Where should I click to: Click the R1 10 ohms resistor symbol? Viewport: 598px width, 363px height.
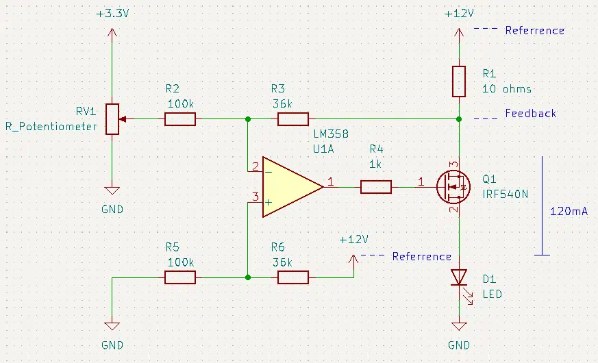point(459,82)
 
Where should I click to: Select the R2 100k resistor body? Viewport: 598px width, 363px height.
point(180,119)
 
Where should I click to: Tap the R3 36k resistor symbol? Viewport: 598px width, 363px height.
point(293,119)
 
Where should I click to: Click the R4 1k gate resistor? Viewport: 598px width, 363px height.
point(375,187)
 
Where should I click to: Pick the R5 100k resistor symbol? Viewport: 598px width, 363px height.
point(180,277)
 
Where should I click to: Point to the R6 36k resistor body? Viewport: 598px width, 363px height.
point(293,277)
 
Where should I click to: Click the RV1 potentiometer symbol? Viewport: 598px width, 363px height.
point(112,119)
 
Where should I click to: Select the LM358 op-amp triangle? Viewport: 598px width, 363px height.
point(292,187)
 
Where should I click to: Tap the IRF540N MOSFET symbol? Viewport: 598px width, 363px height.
point(453,187)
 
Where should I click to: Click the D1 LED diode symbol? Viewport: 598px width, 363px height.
point(459,277)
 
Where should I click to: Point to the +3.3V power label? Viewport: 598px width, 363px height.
point(112,14)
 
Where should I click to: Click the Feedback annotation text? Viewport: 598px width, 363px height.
point(530,113)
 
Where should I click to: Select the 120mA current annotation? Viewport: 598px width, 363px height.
point(569,211)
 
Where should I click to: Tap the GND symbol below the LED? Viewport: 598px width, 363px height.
point(459,326)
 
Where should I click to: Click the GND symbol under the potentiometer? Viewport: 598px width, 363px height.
point(112,190)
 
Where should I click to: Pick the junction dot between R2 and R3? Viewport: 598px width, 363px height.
point(248,119)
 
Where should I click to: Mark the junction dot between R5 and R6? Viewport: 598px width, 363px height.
point(248,277)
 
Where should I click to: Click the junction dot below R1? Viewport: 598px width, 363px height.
point(459,119)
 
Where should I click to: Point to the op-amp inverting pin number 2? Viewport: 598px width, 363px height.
point(255,166)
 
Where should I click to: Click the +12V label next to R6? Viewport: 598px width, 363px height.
point(353,240)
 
